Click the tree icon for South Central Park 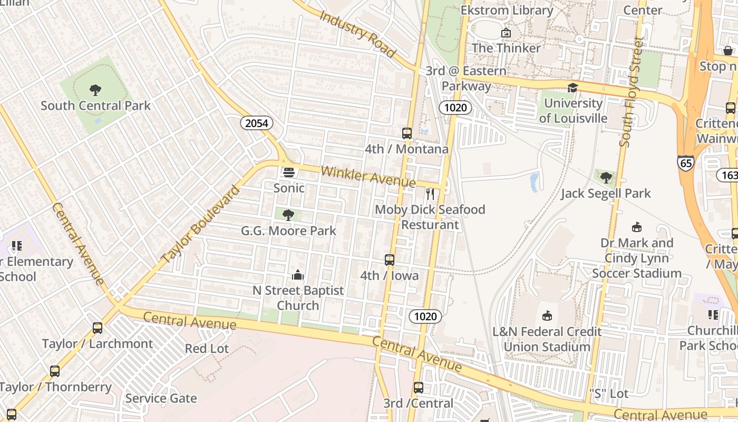(x=95, y=90)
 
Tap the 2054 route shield (x=257, y=123)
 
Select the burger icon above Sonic (x=288, y=172)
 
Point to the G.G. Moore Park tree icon (x=288, y=215)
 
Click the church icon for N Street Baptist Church (x=298, y=275)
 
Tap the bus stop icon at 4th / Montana (x=406, y=133)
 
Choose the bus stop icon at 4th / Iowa (x=389, y=260)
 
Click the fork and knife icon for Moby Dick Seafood (x=430, y=194)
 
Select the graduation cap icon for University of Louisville (x=572, y=88)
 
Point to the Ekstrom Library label (x=507, y=10)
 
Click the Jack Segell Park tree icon (x=606, y=178)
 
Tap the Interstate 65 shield (x=686, y=163)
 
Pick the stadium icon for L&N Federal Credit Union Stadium (x=547, y=316)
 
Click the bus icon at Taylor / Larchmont (x=98, y=328)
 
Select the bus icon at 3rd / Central (x=418, y=388)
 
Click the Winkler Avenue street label (x=368, y=176)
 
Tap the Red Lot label (x=207, y=349)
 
